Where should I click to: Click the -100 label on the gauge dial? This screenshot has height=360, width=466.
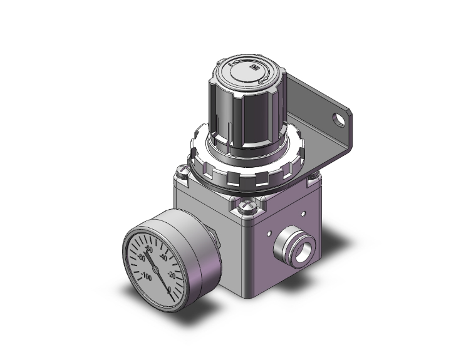tap(147, 275)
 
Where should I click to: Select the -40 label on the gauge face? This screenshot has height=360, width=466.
tap(163, 257)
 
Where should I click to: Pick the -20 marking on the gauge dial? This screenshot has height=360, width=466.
tap(172, 274)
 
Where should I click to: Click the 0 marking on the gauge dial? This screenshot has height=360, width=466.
tap(172, 289)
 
